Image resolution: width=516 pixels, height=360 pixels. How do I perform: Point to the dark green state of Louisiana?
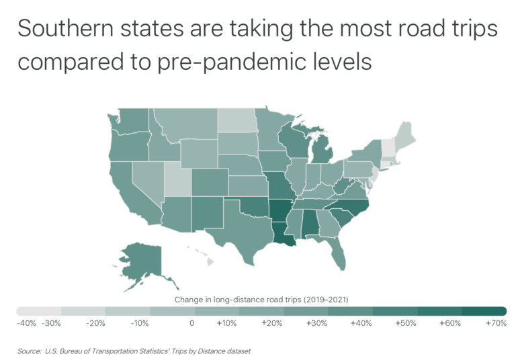283,234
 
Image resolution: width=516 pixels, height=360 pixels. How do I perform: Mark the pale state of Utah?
176,179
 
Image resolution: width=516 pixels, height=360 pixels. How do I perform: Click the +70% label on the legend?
495,323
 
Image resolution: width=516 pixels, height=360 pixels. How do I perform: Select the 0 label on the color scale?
192,323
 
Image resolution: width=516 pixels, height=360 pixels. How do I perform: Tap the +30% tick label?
317,323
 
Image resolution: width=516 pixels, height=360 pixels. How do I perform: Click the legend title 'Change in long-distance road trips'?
261,299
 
